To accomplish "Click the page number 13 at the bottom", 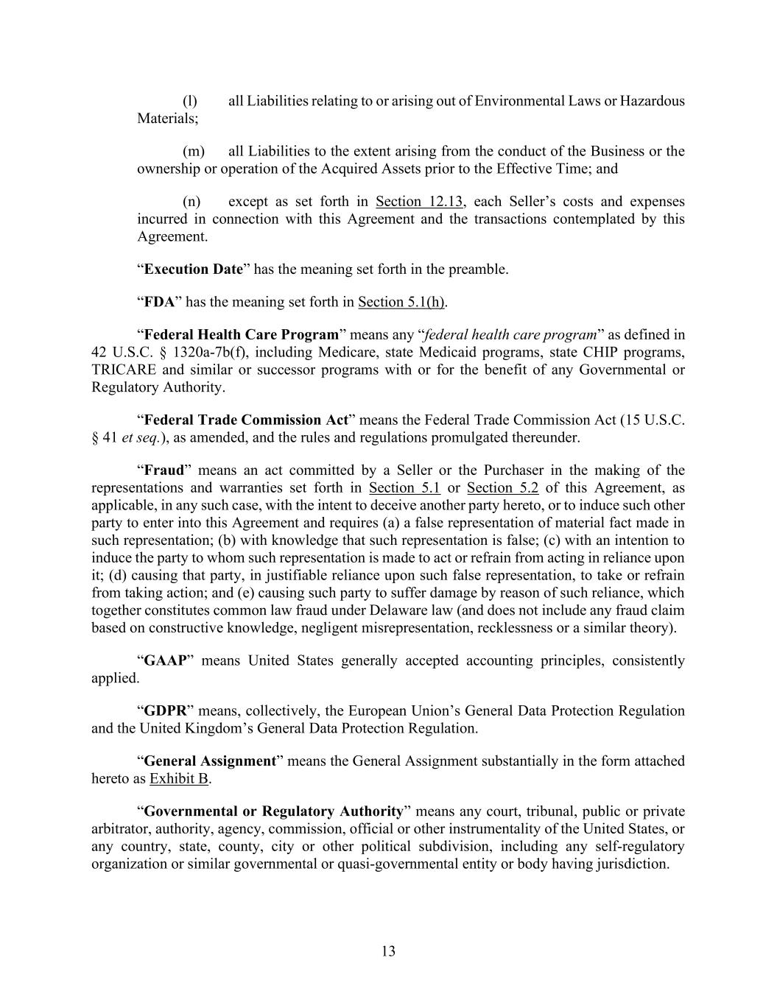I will point(388,951).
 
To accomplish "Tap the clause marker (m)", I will point(192,151).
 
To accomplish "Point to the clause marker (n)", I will point(191,201).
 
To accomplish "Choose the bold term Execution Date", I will point(193,269).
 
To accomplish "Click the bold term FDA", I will point(159,302).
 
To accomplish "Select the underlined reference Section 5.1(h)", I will point(402,302).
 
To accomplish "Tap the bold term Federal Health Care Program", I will point(241,335).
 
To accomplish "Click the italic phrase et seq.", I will point(141,437).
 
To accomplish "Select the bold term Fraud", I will point(164,470).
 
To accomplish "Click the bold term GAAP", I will point(162,660).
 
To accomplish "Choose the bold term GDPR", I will point(164,710).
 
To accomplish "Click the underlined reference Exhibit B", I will point(179,778).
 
